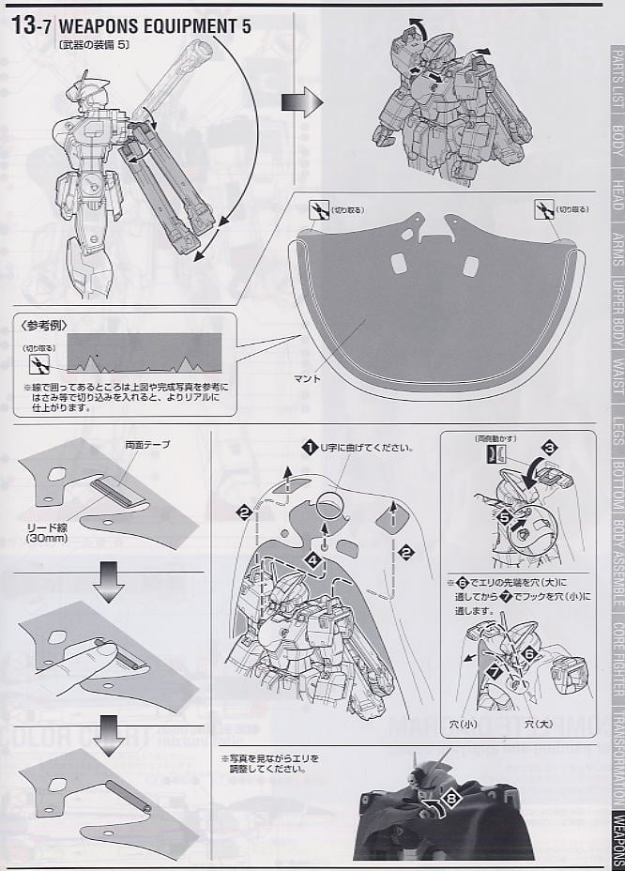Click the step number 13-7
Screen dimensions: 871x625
35,26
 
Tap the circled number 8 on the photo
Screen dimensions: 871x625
453,799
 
